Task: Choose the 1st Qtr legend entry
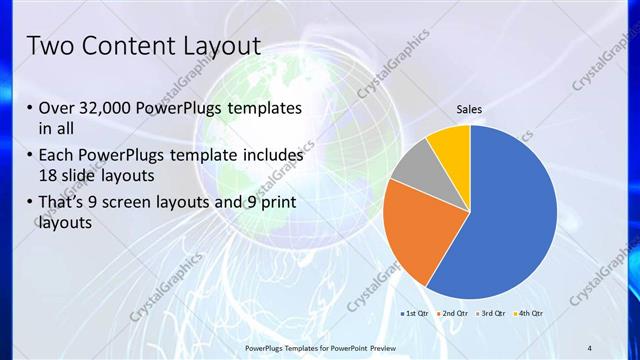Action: pos(415,314)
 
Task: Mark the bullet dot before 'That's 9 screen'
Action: pos(27,204)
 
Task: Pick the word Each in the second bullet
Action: pos(55,156)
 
